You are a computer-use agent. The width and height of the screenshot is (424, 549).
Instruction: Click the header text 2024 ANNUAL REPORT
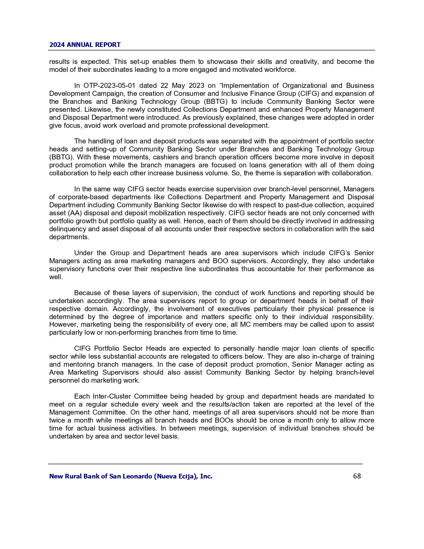click(85, 45)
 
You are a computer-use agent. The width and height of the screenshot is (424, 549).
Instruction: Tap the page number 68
click(357, 476)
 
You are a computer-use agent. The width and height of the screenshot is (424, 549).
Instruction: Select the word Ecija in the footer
click(186, 476)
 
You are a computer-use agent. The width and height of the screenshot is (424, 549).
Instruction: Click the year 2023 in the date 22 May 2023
click(196, 86)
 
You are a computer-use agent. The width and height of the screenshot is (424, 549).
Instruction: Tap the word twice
click(57, 420)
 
